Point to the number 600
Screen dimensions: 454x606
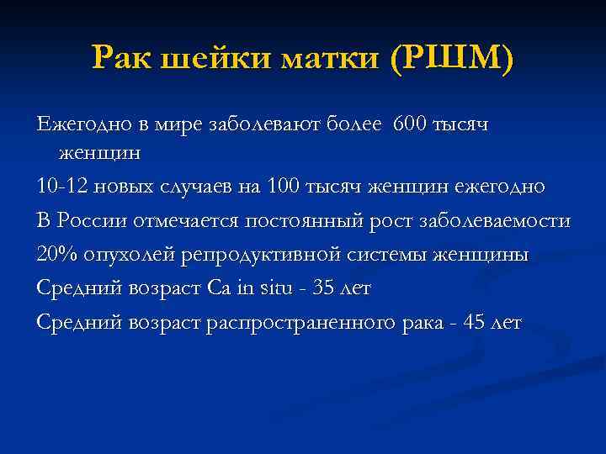pos(408,124)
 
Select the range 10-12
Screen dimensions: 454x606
pos(58,187)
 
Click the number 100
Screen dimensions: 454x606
pos(281,187)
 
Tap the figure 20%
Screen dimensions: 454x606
pos(53,255)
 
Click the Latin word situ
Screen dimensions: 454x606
pos(278,288)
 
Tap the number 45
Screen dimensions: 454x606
pos(475,322)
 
